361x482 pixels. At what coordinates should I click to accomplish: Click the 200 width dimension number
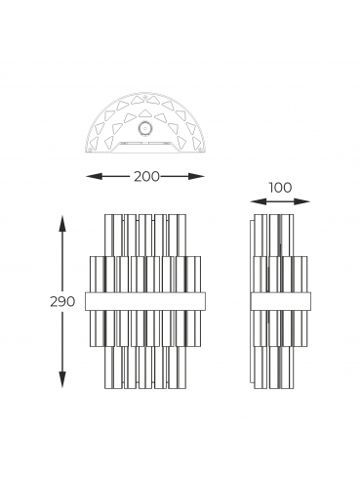(146, 177)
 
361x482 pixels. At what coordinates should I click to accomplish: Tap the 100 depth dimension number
(280, 188)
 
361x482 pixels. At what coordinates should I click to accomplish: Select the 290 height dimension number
(62, 302)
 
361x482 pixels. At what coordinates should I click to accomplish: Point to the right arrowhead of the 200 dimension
(196, 176)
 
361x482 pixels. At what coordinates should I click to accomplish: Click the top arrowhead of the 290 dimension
(62, 223)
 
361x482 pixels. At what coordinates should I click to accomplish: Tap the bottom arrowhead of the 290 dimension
(62, 379)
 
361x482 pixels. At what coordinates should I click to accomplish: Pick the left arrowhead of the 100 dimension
(259, 201)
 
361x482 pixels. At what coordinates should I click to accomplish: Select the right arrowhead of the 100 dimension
(301, 201)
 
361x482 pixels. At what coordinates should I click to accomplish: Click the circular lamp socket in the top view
(145, 128)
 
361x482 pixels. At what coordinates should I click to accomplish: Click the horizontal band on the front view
(145, 301)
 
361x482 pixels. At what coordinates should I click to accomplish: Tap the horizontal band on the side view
(281, 301)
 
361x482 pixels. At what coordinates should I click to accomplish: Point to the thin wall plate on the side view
(252, 300)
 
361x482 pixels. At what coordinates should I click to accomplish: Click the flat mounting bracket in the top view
(145, 147)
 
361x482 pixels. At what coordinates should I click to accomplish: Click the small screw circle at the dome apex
(145, 97)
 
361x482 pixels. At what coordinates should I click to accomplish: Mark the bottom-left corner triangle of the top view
(94, 143)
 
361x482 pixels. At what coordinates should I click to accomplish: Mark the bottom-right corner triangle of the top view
(196, 143)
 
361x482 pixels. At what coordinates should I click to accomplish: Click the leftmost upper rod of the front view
(109, 236)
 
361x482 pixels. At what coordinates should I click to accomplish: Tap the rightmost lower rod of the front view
(181, 368)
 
